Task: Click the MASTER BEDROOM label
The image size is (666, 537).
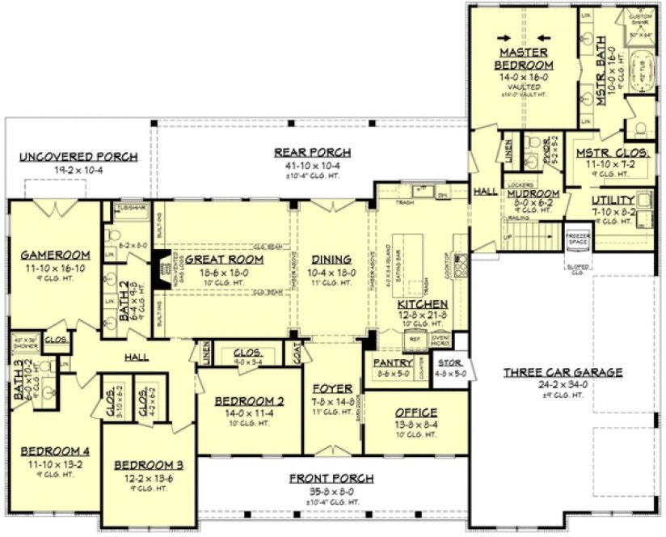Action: point(525,58)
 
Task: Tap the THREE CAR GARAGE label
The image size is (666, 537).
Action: point(563,372)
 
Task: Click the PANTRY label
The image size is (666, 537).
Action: point(392,364)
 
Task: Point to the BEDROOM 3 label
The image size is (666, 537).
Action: point(149,465)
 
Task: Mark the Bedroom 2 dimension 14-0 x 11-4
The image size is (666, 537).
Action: point(249,414)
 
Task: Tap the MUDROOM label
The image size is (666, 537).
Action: point(532,194)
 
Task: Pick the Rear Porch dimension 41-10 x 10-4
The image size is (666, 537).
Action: point(312,164)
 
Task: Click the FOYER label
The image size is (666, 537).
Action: point(332,389)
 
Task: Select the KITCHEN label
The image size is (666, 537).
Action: point(416,303)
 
